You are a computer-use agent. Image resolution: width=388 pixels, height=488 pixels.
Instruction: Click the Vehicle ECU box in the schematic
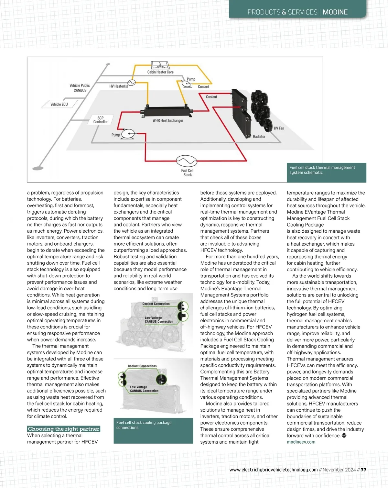pyautogui.click(x=59, y=104)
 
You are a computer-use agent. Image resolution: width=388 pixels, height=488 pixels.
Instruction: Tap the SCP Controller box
pyautogui.click(x=101, y=120)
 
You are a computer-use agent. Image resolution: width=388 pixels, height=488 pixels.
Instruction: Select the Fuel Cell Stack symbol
pyautogui.click(x=187, y=161)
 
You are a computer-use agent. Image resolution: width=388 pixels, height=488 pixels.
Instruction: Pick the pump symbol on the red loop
pyautogui.click(x=128, y=134)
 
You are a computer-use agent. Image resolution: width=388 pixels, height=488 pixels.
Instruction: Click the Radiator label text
pyautogui.click(x=259, y=137)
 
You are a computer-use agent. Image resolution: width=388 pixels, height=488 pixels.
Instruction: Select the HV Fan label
pyautogui.click(x=279, y=128)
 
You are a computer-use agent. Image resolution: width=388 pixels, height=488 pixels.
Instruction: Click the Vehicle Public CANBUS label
pyautogui.click(x=80, y=88)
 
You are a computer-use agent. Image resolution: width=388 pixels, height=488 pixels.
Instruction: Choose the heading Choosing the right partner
pyautogui.click(x=64, y=429)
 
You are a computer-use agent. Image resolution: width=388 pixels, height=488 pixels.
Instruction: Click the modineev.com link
pyautogui.click(x=301, y=442)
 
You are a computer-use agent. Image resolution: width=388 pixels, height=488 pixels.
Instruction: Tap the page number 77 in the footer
pyautogui.click(x=363, y=470)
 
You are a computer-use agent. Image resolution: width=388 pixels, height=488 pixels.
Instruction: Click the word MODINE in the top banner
pyautogui.click(x=335, y=12)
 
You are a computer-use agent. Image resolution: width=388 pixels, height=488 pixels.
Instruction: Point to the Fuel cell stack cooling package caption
pyautogui.click(x=144, y=425)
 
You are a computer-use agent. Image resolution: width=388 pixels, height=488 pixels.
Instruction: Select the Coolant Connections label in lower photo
pyautogui.click(x=142, y=366)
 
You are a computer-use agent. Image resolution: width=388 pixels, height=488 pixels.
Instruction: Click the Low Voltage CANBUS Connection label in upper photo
pyautogui.click(x=159, y=320)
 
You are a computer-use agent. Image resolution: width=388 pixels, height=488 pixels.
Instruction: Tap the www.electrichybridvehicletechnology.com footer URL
pyautogui.click(x=274, y=470)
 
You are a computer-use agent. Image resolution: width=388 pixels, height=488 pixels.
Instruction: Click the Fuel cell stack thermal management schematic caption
pyautogui.click(x=322, y=170)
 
